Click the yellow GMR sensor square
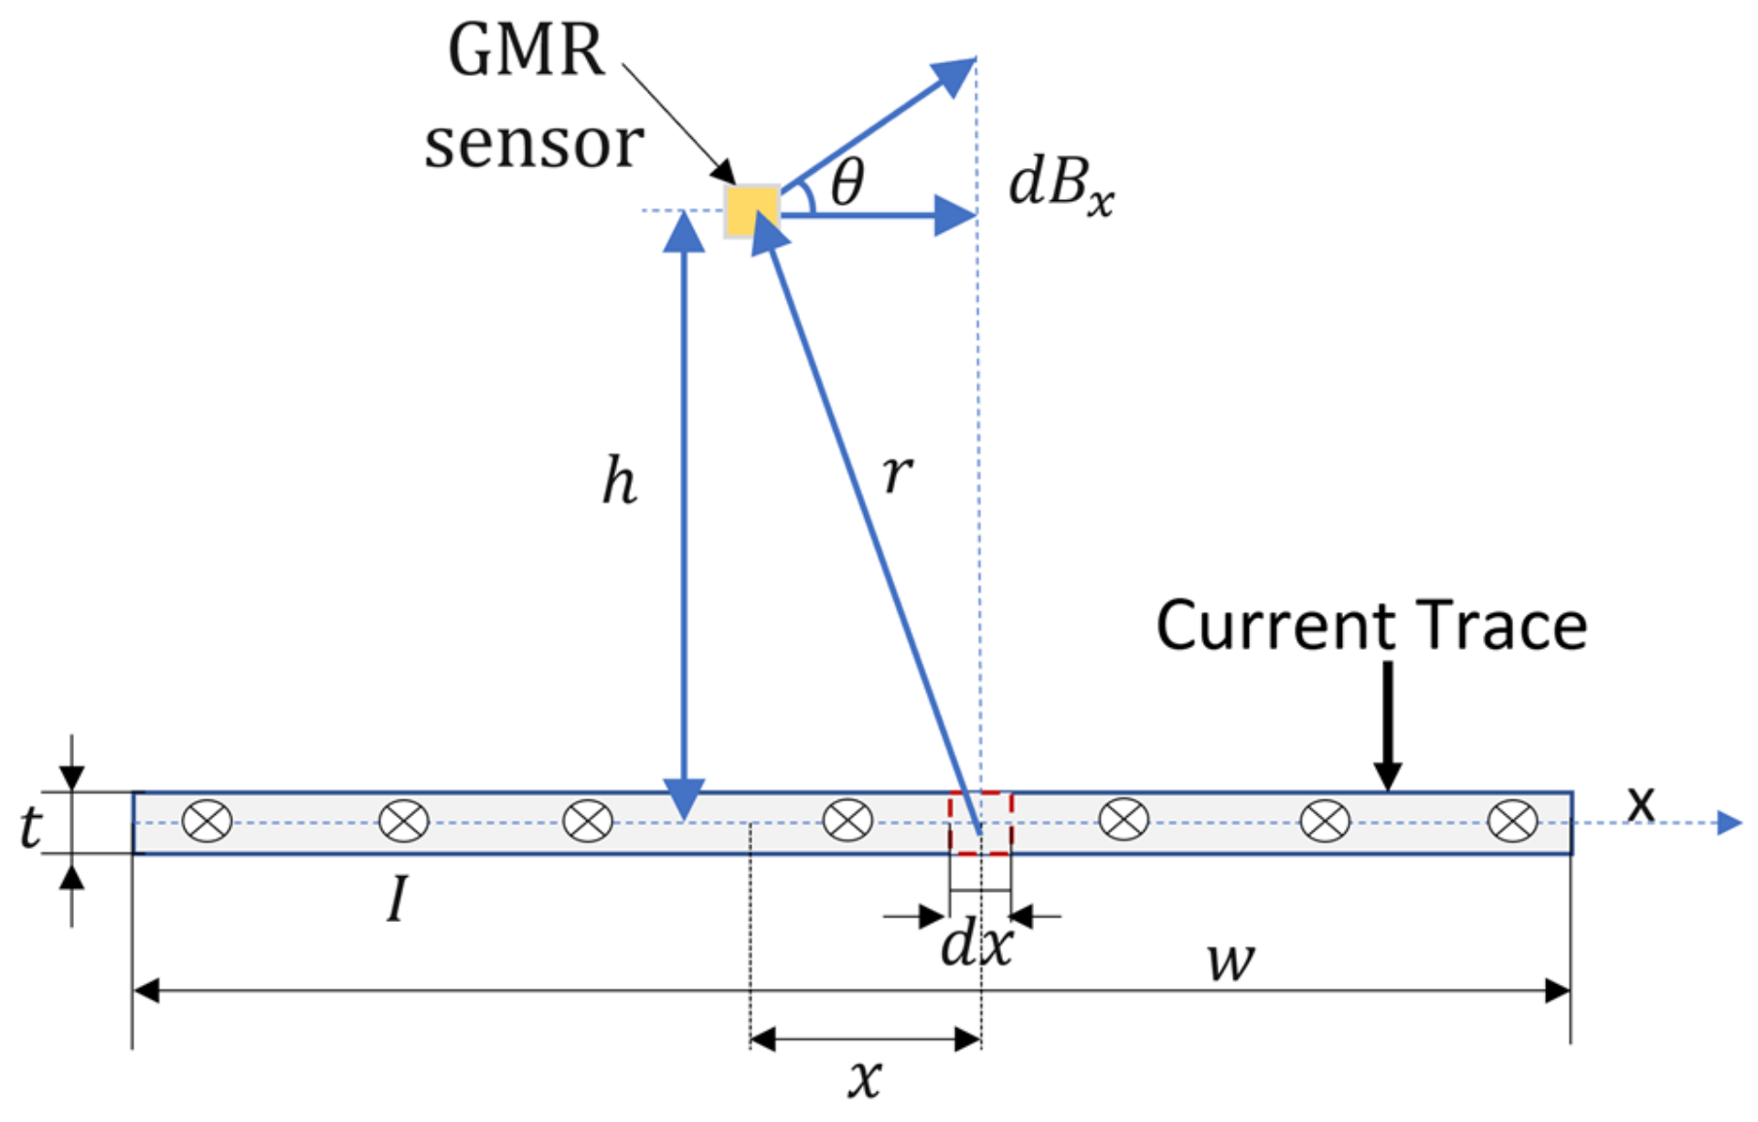click(x=751, y=211)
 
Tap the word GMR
click(x=526, y=51)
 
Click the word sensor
click(x=534, y=145)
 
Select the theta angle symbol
click(x=847, y=182)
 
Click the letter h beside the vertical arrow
click(x=619, y=482)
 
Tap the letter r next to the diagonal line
click(x=897, y=473)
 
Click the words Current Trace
click(x=1370, y=625)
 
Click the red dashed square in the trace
click(x=981, y=824)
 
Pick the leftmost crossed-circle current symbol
click(x=208, y=822)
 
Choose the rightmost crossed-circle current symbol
click(x=1512, y=822)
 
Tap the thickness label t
click(x=30, y=828)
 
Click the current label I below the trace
click(x=396, y=900)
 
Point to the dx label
click(x=976, y=943)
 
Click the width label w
click(x=1230, y=961)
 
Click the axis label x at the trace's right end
click(x=1640, y=802)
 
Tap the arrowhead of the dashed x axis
click(x=1730, y=823)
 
